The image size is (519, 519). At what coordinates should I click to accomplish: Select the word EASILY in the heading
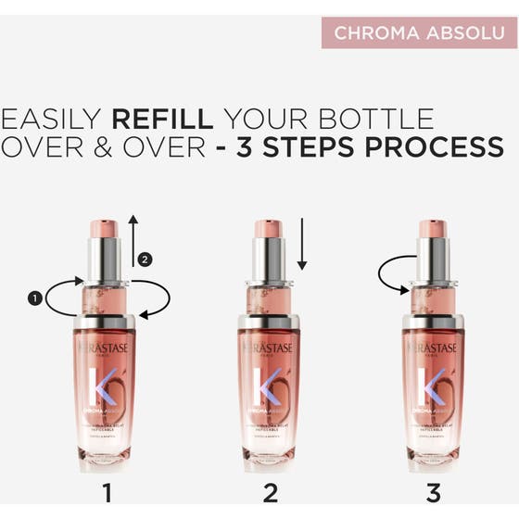pos(52,119)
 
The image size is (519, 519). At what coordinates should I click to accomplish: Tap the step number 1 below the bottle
pos(107,491)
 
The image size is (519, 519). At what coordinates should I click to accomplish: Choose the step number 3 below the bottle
pos(431,491)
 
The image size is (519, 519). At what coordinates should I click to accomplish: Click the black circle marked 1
pos(35,298)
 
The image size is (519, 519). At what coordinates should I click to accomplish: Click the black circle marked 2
pos(144,259)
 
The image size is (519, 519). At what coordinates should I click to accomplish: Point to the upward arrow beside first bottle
pos(133,240)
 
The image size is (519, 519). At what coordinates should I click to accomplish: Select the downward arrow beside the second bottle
pos(300,244)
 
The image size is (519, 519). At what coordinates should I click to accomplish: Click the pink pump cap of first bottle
pos(104,228)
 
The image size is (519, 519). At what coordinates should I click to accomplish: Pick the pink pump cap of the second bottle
pos(268,228)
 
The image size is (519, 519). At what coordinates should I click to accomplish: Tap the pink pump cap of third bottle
pos(432,228)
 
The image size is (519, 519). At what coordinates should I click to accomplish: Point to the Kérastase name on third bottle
pos(433,347)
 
